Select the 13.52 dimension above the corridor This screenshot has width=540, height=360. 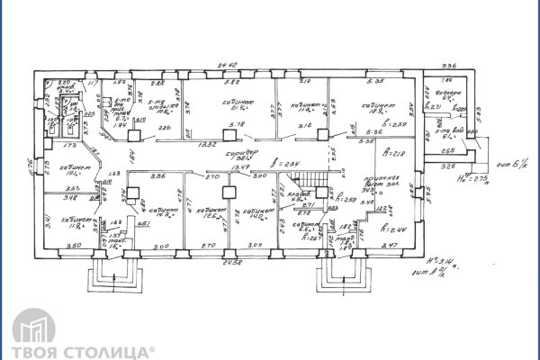206,142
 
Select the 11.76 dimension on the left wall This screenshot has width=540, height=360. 29,166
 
